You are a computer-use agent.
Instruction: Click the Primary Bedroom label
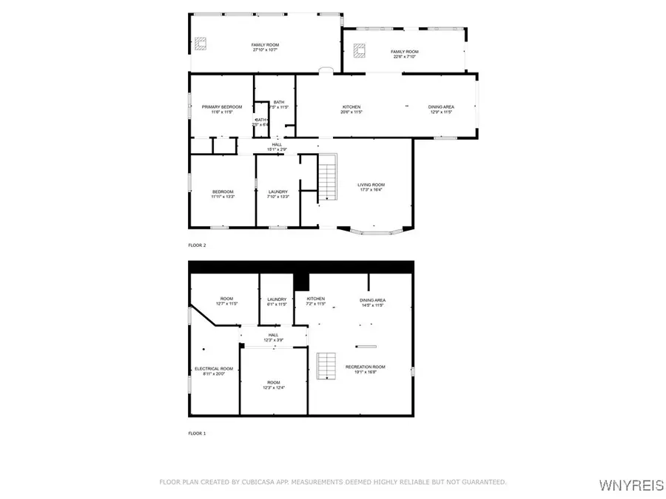tap(222, 109)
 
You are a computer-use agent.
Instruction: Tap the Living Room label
tap(371, 188)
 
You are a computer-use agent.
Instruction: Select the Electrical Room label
tap(214, 371)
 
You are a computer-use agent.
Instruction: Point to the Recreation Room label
tap(366, 370)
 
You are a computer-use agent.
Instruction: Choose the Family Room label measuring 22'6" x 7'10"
tap(404, 54)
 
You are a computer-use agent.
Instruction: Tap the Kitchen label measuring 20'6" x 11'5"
tap(351, 109)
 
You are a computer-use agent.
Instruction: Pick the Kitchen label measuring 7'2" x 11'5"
tap(316, 302)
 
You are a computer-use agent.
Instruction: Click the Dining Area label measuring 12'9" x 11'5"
tap(441, 109)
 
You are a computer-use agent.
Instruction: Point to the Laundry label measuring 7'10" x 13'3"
tap(277, 194)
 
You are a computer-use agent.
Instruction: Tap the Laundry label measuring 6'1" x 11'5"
tap(277, 302)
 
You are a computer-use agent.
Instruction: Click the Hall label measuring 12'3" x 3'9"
tap(273, 338)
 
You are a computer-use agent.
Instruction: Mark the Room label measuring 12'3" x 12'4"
tap(273, 385)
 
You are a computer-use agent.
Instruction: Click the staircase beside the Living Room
tap(328, 178)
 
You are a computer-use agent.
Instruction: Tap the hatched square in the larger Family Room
tap(201, 45)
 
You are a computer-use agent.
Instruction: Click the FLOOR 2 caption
tap(197, 244)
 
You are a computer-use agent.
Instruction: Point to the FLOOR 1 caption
tap(197, 433)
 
